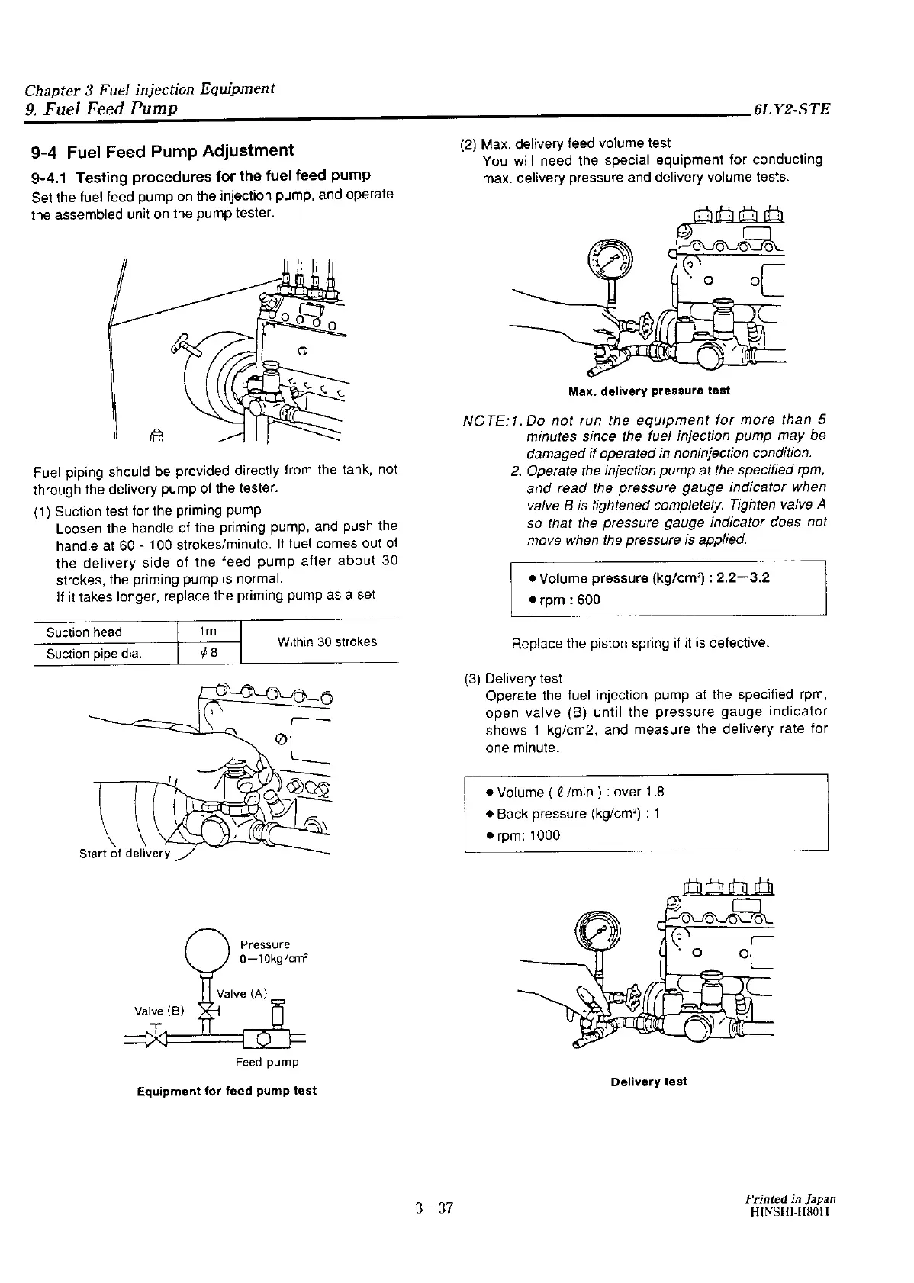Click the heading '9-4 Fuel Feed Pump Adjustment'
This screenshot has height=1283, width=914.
(x=162, y=151)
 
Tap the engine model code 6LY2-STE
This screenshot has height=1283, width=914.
(x=790, y=109)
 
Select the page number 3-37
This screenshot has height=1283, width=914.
(x=434, y=1207)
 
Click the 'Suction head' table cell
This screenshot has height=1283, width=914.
(x=84, y=632)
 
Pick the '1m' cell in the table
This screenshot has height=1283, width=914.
(x=208, y=632)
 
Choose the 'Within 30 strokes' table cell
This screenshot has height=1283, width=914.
(x=327, y=641)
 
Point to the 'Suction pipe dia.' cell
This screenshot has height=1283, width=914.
(x=94, y=654)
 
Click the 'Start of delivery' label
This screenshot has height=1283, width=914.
(x=125, y=853)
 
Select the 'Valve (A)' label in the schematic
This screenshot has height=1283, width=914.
(x=243, y=993)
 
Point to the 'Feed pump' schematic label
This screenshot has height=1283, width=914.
(x=267, y=1062)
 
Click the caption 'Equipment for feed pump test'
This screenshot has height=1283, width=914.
(x=227, y=1091)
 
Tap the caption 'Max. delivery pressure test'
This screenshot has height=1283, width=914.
(x=649, y=391)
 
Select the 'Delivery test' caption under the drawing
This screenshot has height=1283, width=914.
(x=648, y=1082)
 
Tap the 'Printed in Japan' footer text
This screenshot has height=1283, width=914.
(x=790, y=1198)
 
